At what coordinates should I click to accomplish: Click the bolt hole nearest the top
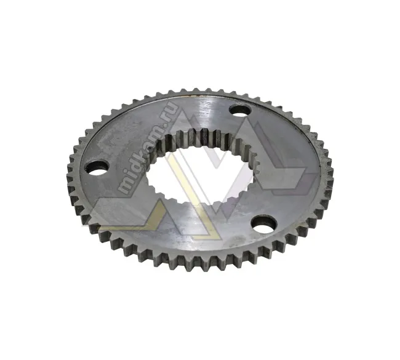240,110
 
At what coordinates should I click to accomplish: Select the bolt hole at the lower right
264,223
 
